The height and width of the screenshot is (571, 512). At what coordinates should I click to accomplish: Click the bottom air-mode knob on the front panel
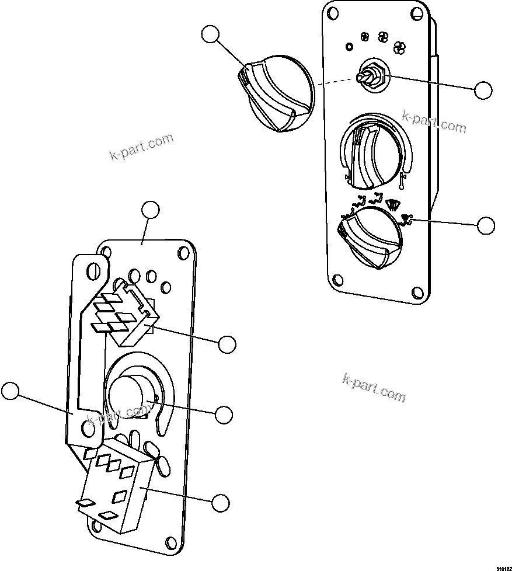pos(371,239)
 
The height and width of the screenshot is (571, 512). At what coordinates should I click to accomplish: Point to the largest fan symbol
pos(400,47)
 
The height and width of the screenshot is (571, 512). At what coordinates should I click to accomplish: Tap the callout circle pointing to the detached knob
pos(211,34)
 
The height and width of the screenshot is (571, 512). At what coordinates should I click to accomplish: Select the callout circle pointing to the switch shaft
pos(483,90)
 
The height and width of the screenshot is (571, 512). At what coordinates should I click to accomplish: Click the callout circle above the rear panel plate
pos(151,210)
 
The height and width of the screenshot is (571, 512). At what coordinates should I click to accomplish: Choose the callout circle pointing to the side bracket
pos(10,391)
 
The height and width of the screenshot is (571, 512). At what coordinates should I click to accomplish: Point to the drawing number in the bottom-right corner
pos(504,567)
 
